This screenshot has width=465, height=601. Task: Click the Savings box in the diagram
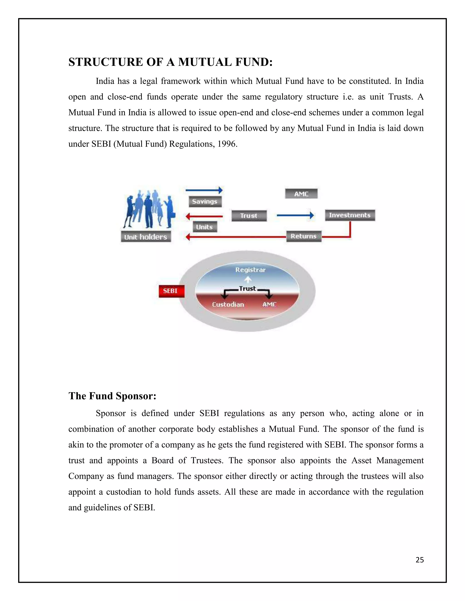pyautogui.click(x=205, y=201)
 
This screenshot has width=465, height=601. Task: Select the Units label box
pyautogui.click(x=205, y=227)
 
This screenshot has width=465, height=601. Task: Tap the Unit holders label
pyautogui.click(x=146, y=237)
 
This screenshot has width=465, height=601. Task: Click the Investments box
pyautogui.click(x=350, y=215)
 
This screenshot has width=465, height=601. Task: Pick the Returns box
pyautogui.click(x=304, y=236)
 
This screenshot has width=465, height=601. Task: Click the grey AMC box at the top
pyautogui.click(x=301, y=194)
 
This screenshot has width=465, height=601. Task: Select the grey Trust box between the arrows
pyautogui.click(x=249, y=216)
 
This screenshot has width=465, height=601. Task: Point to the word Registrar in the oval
pyautogui.click(x=250, y=270)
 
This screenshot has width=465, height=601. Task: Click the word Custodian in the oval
pyautogui.click(x=228, y=304)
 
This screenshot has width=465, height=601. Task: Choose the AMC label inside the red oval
pyautogui.click(x=269, y=304)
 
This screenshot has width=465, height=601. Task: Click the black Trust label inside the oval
pyautogui.click(x=247, y=288)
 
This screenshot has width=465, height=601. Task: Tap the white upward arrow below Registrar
pyautogui.click(x=248, y=279)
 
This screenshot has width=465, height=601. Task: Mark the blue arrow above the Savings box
pyautogui.click(x=204, y=190)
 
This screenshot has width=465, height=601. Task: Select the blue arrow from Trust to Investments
pyautogui.click(x=295, y=215)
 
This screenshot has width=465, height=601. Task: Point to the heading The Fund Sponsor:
pyautogui.click(x=112, y=396)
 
